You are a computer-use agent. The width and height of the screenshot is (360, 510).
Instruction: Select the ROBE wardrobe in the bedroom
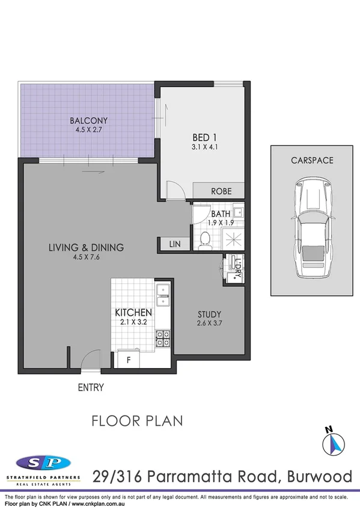219,191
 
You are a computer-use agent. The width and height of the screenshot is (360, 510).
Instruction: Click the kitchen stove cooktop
163,339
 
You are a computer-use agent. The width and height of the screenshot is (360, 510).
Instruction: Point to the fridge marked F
127,361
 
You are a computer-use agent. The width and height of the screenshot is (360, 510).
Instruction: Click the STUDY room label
210,314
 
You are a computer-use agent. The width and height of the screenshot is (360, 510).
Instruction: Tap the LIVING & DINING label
87,247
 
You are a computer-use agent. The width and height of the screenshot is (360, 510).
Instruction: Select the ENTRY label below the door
91,388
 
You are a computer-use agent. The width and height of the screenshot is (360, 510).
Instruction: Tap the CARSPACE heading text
312,161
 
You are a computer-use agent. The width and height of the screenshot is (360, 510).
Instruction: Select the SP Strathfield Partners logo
42,466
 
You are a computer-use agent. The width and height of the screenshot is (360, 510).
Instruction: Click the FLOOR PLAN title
137,420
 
